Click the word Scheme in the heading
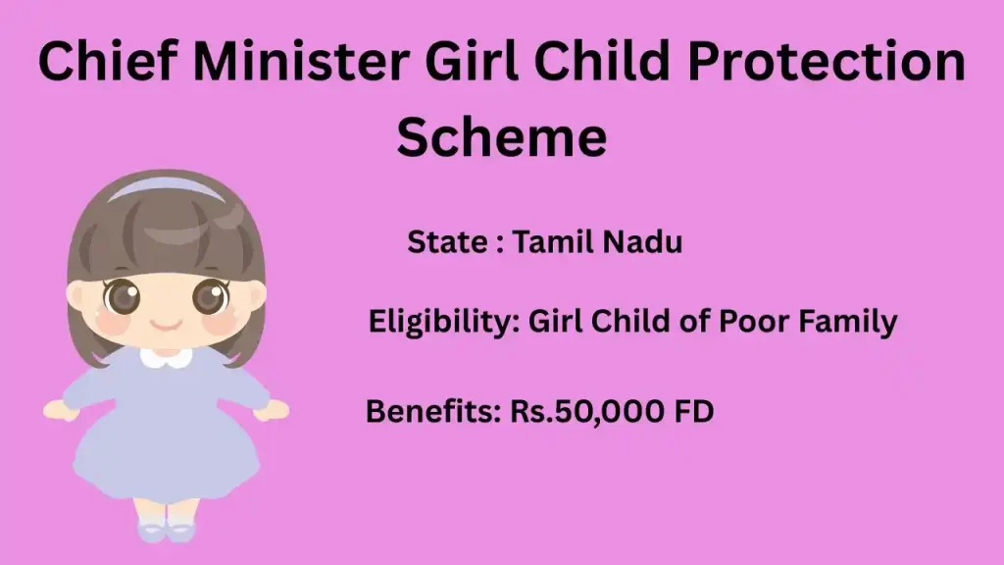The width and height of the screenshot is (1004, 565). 501,136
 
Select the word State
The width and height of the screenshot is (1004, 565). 445,242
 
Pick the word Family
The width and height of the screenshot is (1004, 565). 854,322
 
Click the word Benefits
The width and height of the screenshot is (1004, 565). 432,411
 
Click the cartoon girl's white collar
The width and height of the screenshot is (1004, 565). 166,357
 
